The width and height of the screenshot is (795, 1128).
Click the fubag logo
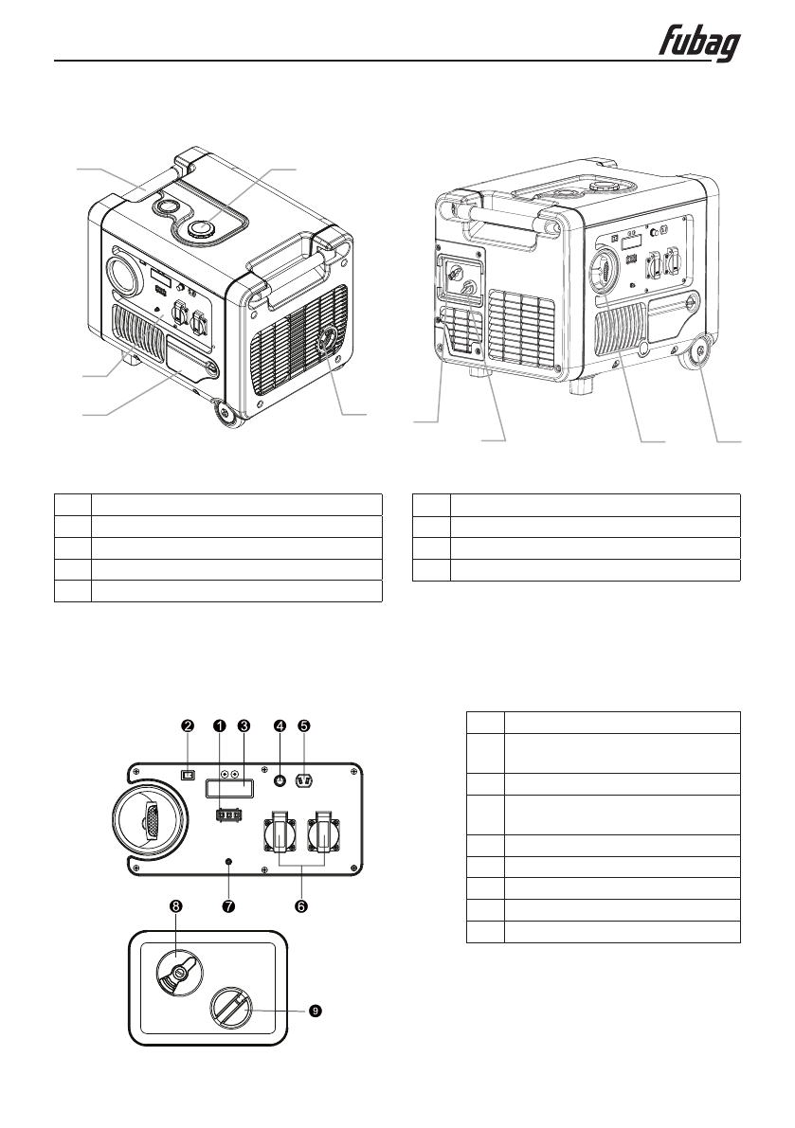(700, 45)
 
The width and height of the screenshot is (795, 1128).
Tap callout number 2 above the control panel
(188, 726)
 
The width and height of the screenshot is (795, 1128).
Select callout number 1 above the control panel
(219, 726)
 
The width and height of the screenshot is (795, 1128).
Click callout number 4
(280, 726)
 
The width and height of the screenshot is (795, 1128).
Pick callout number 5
(304, 726)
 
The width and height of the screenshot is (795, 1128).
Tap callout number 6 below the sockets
(301, 906)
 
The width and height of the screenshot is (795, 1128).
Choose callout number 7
(227, 906)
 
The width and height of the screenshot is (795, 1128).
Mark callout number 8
(175, 906)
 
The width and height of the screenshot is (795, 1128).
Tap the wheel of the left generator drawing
(226, 413)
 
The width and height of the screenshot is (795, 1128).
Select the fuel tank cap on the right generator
(600, 185)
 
